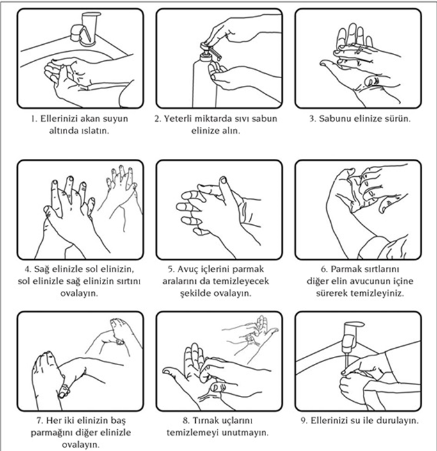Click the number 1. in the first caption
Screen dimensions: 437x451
[x=34, y=119]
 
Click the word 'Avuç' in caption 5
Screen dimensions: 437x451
[x=188, y=270]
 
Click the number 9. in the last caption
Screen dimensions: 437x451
[x=305, y=421]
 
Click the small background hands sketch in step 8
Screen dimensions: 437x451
[x=251, y=336]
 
